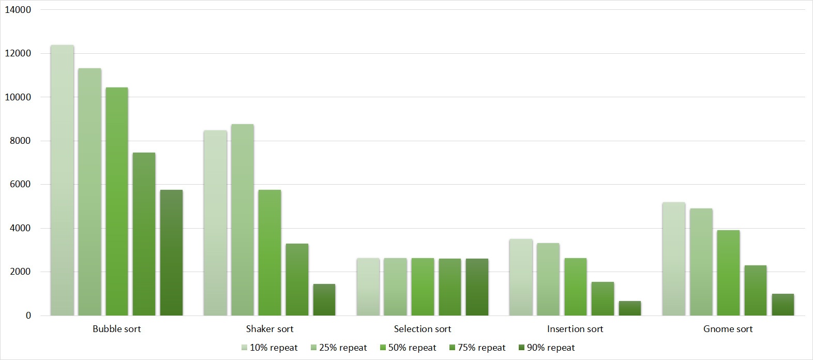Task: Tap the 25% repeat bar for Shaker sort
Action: point(242,220)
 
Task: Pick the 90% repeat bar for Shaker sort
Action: point(324,299)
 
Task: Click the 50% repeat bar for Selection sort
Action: point(423,287)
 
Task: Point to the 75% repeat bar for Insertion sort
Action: point(603,298)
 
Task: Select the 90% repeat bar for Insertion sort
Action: point(629,308)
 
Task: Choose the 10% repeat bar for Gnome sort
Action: point(673,259)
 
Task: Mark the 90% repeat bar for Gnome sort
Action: point(782,305)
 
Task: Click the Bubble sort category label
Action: point(116,329)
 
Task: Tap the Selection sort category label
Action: point(422,329)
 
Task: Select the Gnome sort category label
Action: point(728,329)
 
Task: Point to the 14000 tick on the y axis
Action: point(18,10)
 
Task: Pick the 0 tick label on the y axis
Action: point(28,316)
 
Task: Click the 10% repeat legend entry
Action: point(269,348)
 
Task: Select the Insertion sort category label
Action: point(575,329)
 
